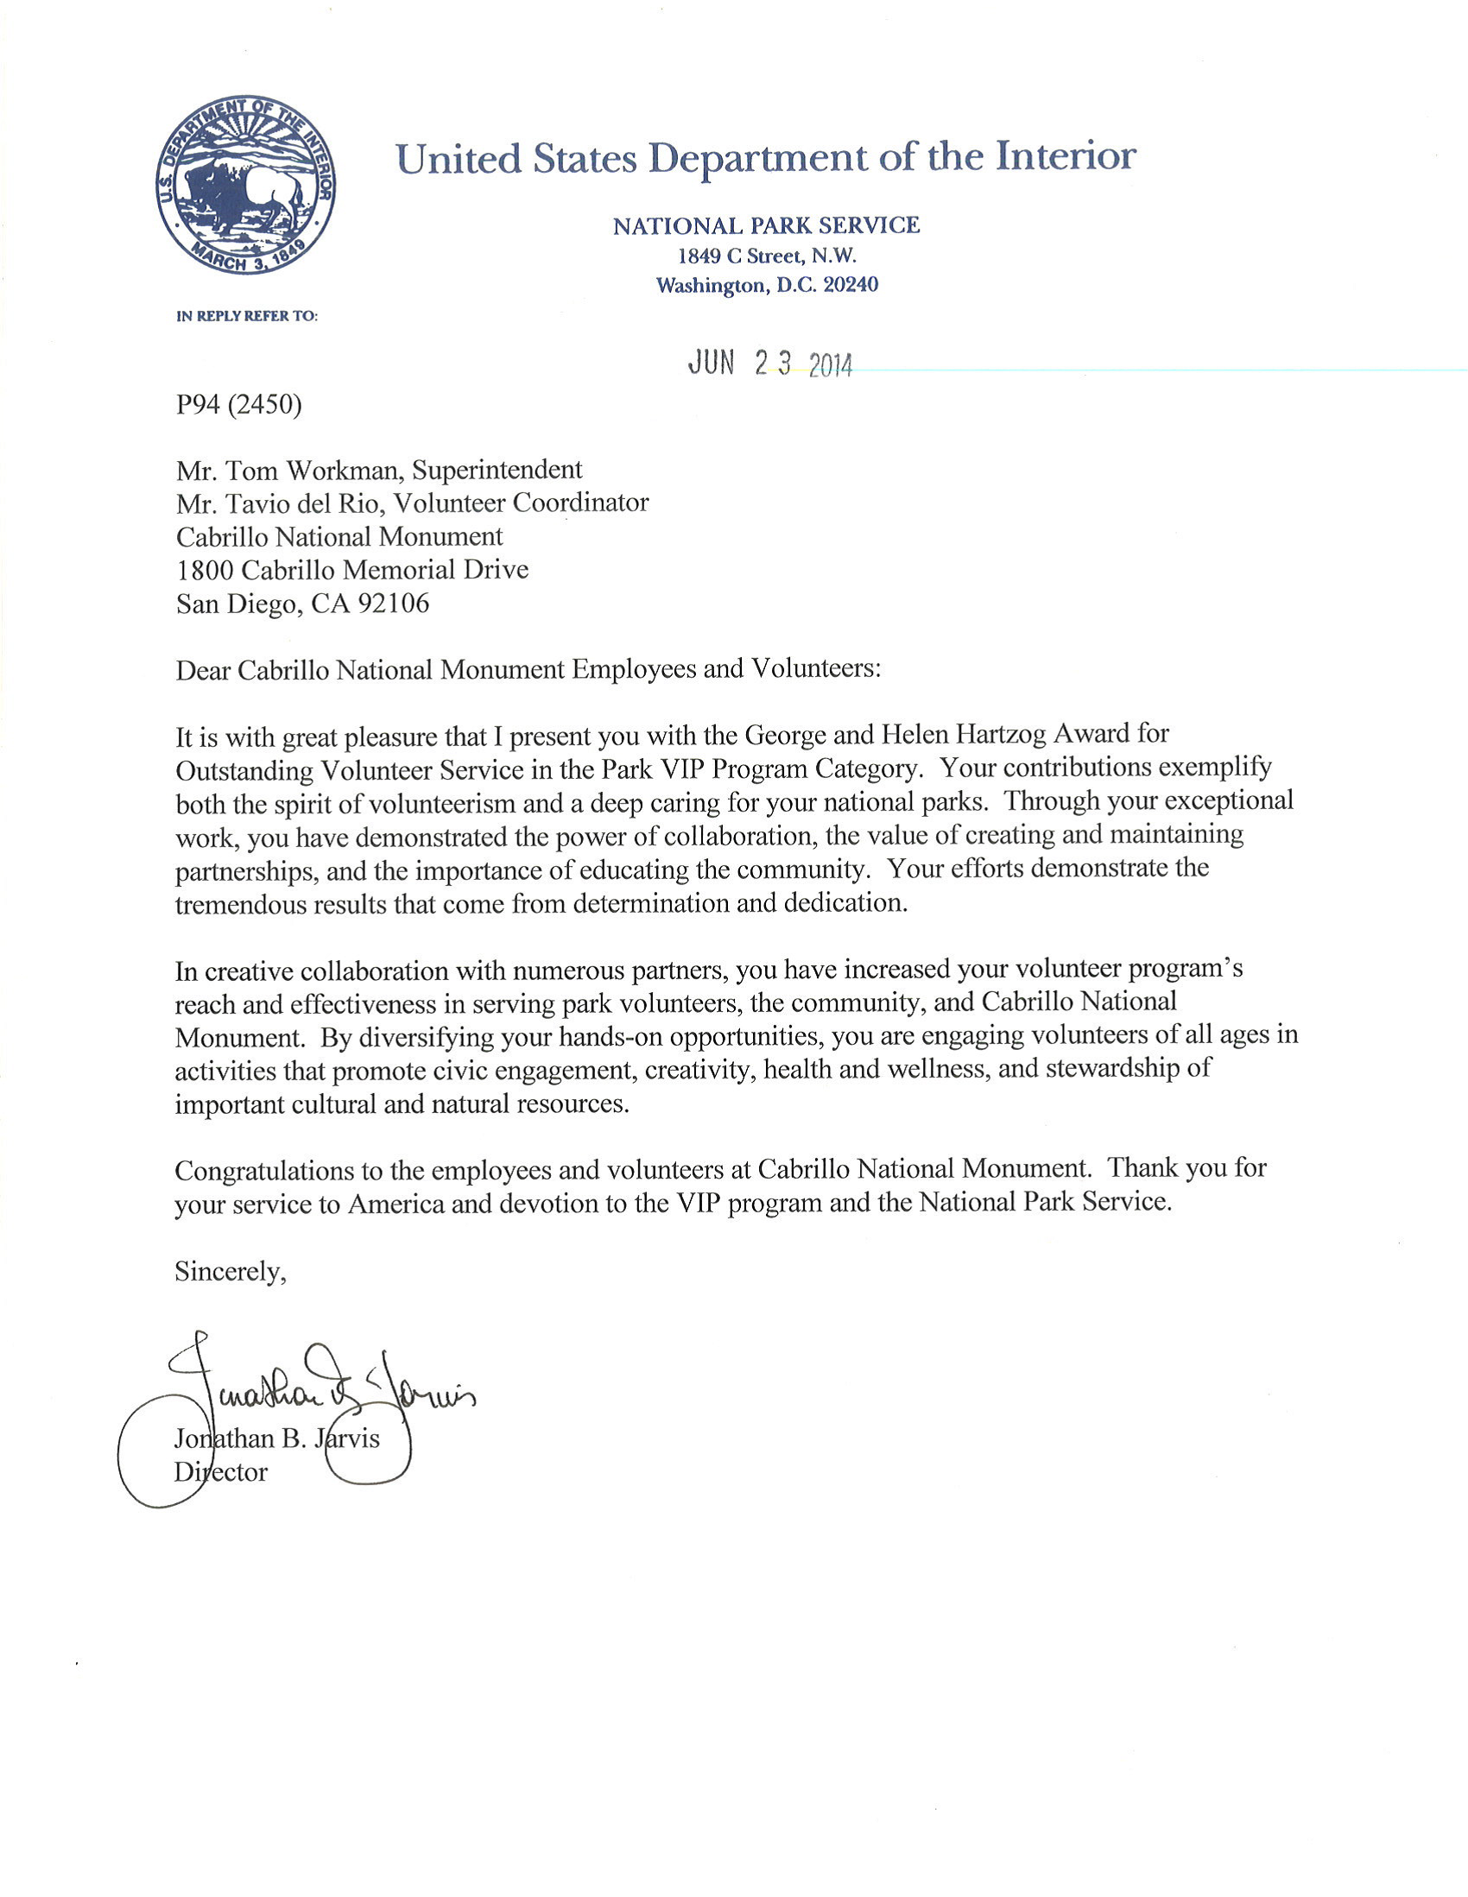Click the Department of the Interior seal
[x=246, y=185]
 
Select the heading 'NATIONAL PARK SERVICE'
[x=765, y=226]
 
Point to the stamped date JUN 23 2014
[x=769, y=364]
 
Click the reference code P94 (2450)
[x=239, y=405]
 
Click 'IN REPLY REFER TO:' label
[x=247, y=316]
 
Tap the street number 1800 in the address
[x=205, y=571]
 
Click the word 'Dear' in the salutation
[x=202, y=670]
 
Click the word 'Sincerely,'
[x=231, y=1272]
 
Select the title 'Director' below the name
[x=221, y=1472]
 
